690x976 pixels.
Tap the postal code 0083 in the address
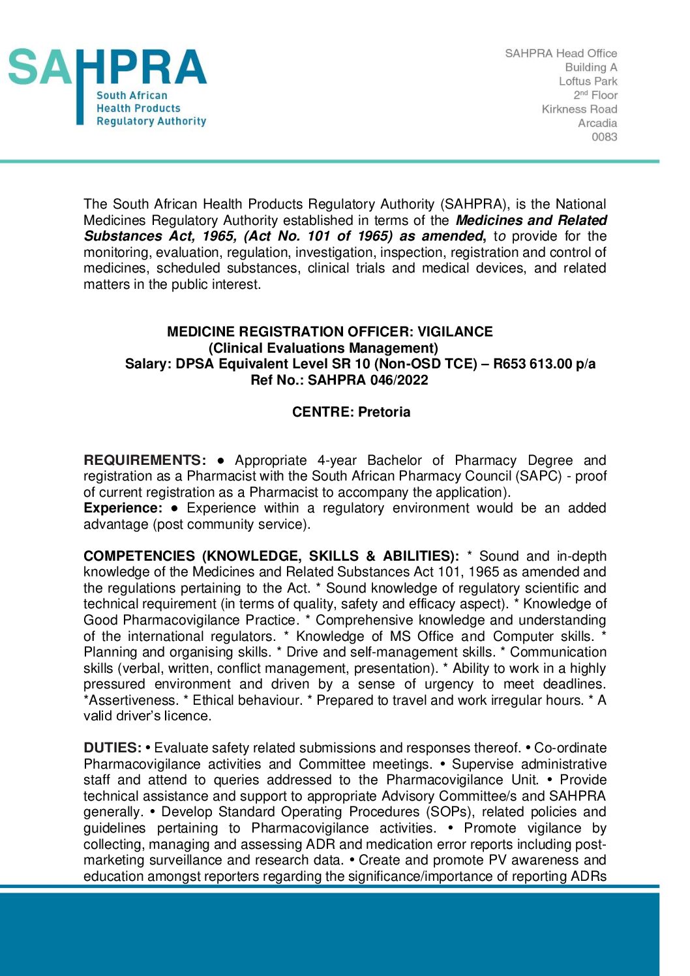click(604, 137)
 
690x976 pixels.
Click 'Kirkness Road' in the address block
click(579, 110)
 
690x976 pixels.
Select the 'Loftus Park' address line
click(588, 81)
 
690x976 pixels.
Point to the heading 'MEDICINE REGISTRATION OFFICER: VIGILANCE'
click(330, 332)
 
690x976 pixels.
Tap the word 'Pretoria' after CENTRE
click(384, 412)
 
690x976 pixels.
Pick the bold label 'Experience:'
click(123, 508)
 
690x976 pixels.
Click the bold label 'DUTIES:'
click(112, 748)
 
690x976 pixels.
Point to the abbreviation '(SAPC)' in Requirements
click(539, 476)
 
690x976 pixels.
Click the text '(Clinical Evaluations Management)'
click(323, 348)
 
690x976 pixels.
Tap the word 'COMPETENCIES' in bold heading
click(139, 556)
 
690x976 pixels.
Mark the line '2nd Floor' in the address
click(595, 95)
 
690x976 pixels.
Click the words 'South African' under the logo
click(132, 96)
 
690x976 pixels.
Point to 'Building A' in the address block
click(591, 67)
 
